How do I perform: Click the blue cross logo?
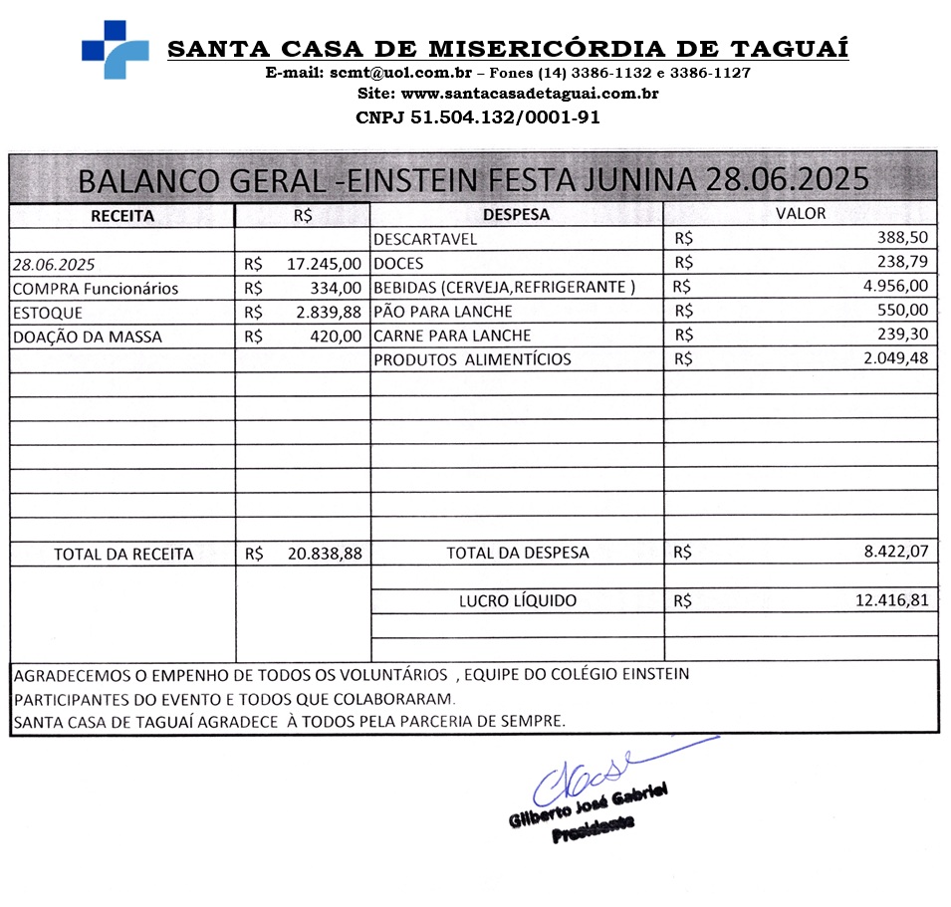(115, 49)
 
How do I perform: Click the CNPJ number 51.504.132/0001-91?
(477, 117)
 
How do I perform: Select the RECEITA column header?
(121, 215)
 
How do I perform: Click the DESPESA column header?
(516, 214)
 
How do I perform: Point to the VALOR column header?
(801, 213)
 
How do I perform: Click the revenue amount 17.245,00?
(324, 264)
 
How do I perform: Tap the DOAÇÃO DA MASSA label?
(87, 338)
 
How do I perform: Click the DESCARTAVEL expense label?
(425, 239)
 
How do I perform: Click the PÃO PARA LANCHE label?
(443, 312)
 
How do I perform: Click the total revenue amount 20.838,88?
(325, 554)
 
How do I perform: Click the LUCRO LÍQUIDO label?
(517, 601)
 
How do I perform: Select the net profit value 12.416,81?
(892, 601)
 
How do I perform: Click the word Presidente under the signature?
(593, 828)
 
